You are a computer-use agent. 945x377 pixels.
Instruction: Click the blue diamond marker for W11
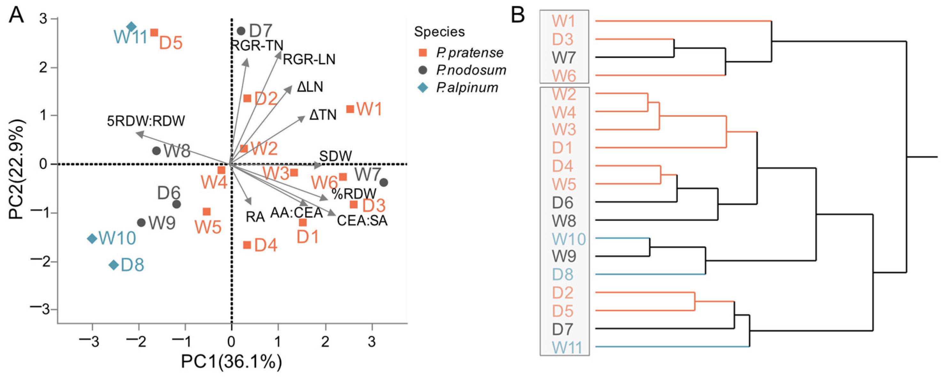click(x=131, y=27)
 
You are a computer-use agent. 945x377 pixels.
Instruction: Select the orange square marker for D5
click(x=154, y=33)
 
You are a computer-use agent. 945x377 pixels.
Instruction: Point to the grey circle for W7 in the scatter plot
click(x=384, y=182)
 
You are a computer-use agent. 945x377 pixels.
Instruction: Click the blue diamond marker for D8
click(x=114, y=265)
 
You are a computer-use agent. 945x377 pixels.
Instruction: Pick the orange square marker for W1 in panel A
click(x=350, y=109)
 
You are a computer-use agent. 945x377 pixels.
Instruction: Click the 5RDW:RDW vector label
click(x=146, y=121)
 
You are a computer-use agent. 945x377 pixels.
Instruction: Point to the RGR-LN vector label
click(x=309, y=59)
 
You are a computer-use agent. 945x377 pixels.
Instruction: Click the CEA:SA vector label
click(x=362, y=221)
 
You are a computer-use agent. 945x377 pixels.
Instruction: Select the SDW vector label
click(x=335, y=156)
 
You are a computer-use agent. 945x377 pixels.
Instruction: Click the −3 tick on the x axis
click(x=92, y=342)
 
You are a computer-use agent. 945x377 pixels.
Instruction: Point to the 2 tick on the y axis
click(x=44, y=67)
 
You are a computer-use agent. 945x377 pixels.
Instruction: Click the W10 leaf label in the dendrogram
click(x=569, y=239)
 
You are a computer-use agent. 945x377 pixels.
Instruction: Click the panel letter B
click(x=518, y=15)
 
